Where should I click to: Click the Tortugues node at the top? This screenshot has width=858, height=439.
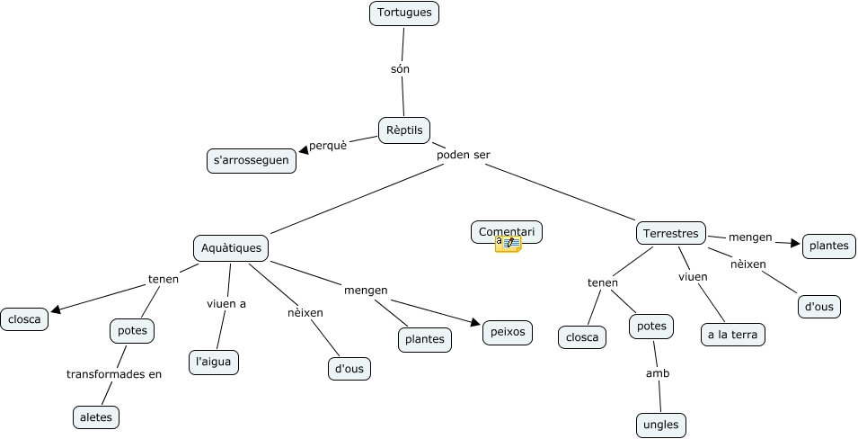pos(404,13)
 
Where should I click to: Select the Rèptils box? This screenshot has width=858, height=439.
pos(404,130)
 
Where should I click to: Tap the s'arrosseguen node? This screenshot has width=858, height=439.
pos(252,161)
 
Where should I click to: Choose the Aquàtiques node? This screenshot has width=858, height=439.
pos(232,247)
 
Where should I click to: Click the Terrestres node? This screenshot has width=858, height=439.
pos(671,233)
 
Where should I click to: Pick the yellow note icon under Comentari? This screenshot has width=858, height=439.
pos(508,244)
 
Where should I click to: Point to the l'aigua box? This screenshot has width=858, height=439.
pos(214,362)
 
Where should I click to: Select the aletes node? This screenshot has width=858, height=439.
pos(95,417)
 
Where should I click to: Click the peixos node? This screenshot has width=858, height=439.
pos(507,332)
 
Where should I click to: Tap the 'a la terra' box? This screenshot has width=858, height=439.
pos(732,335)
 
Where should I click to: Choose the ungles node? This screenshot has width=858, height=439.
pos(660,425)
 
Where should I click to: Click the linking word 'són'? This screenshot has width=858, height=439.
pos(401,68)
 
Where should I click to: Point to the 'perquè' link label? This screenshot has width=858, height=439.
pos(328,145)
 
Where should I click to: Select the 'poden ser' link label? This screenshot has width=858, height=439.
pos(463,155)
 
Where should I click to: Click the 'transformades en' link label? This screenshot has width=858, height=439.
pos(114,374)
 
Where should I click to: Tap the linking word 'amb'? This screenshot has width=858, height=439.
pos(658,373)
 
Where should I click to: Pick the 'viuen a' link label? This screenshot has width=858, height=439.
pos(226,304)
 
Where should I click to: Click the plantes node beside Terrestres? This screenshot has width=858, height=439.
pos(828,246)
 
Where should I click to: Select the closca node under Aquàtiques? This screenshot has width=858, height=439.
pos(25,318)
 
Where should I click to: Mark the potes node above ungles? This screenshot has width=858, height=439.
pos(651,327)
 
